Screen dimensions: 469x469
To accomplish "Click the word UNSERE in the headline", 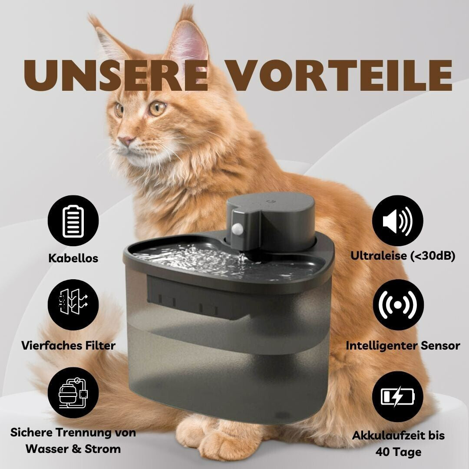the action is coord(116,75).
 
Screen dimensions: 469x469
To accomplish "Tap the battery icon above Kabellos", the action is coord(73,221).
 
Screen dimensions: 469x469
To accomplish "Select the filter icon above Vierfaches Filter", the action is coord(73,305).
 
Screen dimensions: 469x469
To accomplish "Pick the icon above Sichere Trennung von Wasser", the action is coord(73,393).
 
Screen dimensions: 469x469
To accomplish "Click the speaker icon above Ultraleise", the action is coord(398,221).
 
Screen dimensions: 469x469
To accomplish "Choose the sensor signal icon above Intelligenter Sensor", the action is coord(398,305).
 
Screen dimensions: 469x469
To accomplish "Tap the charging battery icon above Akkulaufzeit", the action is coord(398,397).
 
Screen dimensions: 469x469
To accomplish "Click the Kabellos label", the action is coord(73,258).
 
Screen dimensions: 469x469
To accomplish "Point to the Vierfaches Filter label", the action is coord(69,346).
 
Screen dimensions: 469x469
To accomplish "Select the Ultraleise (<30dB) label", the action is coord(403,256).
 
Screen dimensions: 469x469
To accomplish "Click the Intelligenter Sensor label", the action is coord(403,346).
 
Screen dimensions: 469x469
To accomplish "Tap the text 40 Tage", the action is coord(398,452).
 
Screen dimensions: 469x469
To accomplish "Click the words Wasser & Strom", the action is coord(73,449).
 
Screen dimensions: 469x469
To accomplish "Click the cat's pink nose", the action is coord(127,140).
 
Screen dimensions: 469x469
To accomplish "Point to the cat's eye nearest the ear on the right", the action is coord(157,108).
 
